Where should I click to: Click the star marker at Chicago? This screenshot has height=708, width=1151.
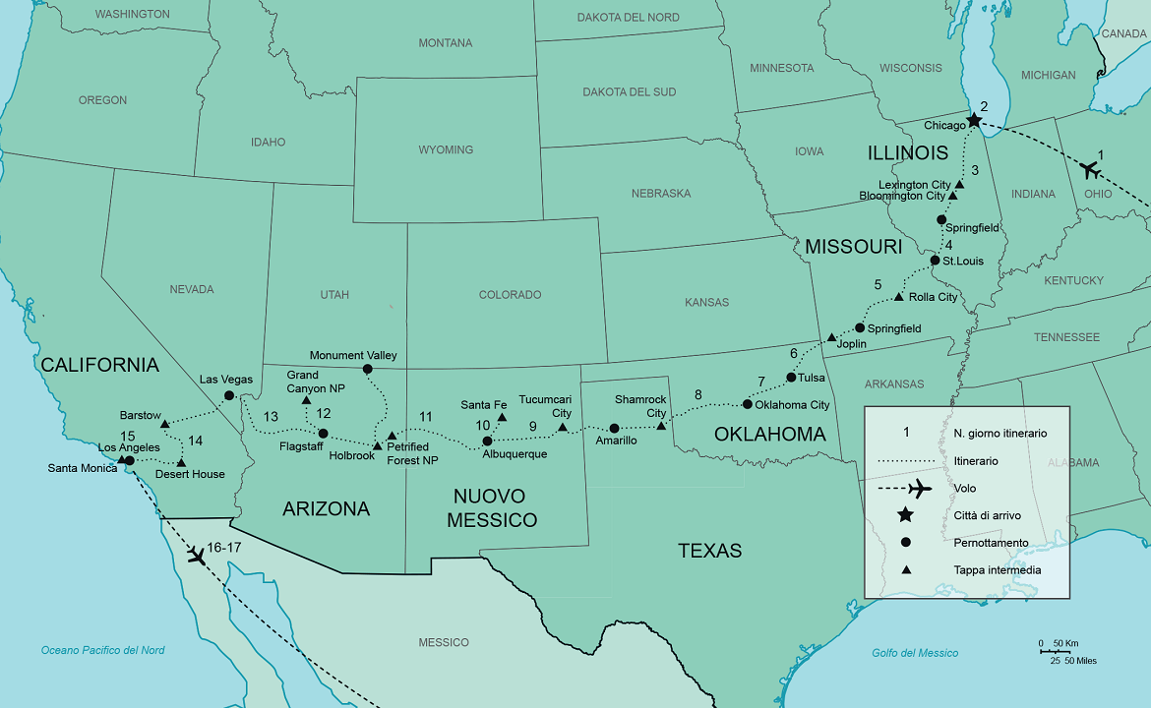(x=974, y=120)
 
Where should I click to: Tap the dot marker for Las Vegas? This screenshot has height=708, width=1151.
(x=229, y=395)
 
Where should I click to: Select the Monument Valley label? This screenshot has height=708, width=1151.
(x=353, y=355)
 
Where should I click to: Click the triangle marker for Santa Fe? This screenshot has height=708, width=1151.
(x=502, y=418)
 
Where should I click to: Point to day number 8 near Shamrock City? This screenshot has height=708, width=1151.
(x=698, y=395)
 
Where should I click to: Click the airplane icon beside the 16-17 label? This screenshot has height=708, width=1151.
(x=197, y=557)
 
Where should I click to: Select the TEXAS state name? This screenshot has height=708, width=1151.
(x=709, y=551)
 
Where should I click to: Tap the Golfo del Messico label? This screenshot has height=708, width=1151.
(x=915, y=653)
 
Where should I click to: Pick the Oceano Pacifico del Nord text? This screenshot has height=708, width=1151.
(x=102, y=650)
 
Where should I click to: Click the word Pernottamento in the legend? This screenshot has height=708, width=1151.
(x=992, y=542)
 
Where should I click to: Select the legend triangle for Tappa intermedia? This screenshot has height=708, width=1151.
(x=905, y=569)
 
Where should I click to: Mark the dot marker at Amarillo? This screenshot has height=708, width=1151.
(x=614, y=428)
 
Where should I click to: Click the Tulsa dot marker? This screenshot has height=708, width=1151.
(x=791, y=377)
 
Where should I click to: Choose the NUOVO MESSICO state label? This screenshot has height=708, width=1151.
(x=492, y=507)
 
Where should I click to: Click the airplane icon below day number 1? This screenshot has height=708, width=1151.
(x=1089, y=170)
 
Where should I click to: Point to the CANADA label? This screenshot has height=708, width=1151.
(x=1123, y=33)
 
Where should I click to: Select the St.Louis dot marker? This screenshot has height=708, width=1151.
(x=935, y=261)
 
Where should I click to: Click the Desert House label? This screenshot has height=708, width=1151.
(x=190, y=474)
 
